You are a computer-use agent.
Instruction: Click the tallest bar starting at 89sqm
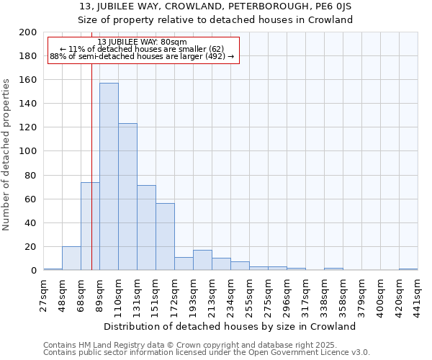109,176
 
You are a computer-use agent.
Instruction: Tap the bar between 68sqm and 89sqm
90,226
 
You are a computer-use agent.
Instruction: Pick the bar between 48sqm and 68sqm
71,258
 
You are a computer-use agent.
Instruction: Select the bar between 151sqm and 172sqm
165,237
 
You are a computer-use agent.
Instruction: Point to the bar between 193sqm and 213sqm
202,260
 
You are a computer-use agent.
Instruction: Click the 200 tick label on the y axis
28,32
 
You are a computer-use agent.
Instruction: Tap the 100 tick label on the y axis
28,151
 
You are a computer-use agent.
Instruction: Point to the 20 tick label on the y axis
31,247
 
